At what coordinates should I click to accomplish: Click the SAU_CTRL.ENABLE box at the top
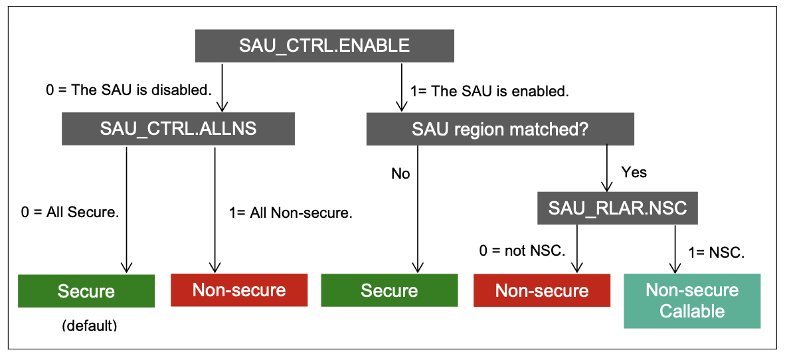(324, 46)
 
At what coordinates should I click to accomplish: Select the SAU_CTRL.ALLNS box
(178, 129)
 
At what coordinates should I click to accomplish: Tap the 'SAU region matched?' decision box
(500, 129)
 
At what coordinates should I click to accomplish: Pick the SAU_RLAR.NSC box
(617, 209)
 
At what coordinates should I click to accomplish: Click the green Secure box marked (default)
(86, 290)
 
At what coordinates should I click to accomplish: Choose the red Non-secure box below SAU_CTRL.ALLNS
(239, 290)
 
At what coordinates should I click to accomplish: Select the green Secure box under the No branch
(389, 290)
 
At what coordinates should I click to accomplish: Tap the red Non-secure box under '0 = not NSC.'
(542, 290)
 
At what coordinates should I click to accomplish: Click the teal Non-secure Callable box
(692, 300)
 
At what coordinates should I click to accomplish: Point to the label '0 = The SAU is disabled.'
(129, 91)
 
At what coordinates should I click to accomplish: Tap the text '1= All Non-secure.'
(290, 213)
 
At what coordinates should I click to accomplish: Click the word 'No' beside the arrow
(400, 174)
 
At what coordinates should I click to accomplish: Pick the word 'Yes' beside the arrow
(634, 172)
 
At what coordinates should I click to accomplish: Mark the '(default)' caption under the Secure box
(89, 325)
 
